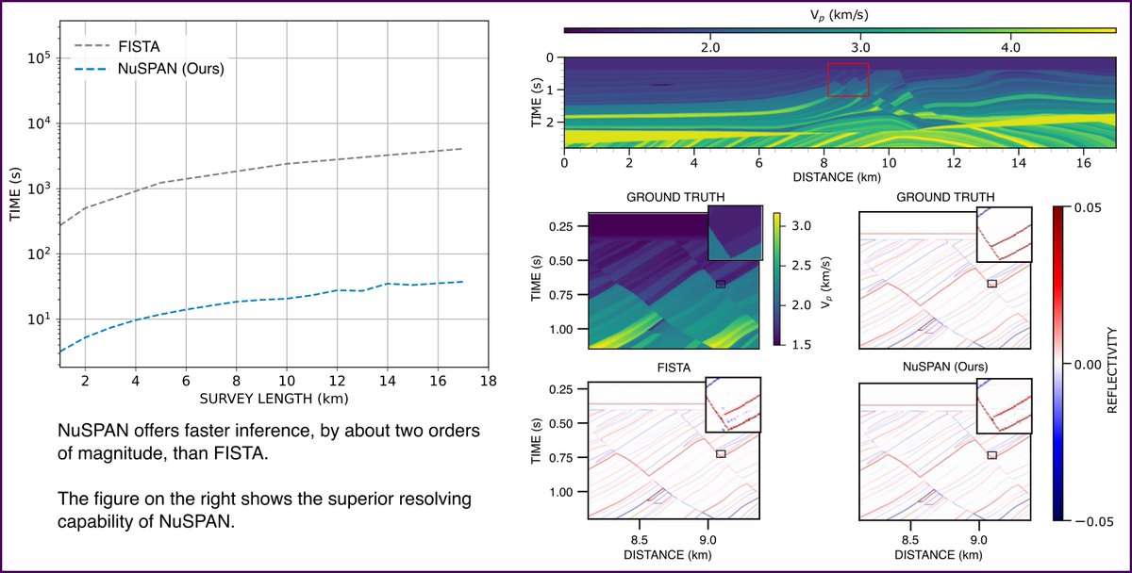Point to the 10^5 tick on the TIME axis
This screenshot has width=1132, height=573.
(x=42, y=58)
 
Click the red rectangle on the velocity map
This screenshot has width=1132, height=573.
(x=847, y=79)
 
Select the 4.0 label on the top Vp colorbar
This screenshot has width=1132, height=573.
(x=1009, y=46)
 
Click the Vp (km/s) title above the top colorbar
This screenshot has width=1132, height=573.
(x=841, y=12)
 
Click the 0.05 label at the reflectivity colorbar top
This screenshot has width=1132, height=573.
(x=1100, y=209)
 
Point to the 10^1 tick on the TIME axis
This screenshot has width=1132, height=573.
(x=42, y=319)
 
